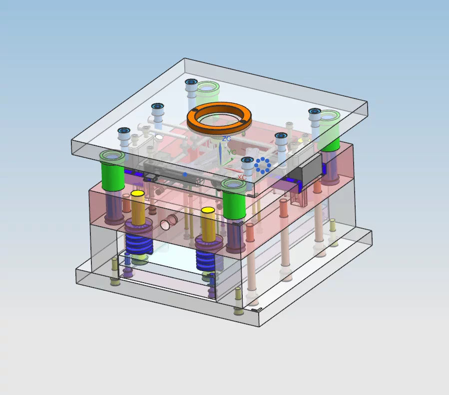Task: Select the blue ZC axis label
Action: [227, 139]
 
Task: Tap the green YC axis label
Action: [232, 152]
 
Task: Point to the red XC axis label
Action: [242, 177]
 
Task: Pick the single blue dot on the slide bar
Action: [185, 174]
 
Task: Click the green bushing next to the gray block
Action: [330, 130]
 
